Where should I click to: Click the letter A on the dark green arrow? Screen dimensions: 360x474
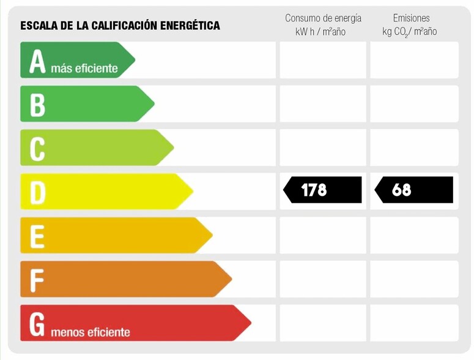38,61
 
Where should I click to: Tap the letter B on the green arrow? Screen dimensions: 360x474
38,105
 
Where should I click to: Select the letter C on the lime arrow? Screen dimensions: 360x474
38,149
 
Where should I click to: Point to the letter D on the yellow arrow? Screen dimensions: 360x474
38,192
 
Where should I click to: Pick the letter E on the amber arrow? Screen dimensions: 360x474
38,236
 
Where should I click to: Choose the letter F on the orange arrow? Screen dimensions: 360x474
37,280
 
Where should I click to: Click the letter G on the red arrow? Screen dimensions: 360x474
37,324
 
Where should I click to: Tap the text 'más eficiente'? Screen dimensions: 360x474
84,69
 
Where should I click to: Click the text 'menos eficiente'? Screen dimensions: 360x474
91,332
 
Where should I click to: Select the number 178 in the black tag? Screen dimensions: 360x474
314,190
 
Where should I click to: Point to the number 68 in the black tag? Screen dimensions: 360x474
402,190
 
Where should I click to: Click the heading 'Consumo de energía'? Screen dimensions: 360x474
323,18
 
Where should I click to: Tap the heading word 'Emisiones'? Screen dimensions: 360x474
411,18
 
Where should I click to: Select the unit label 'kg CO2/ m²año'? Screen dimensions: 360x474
410,32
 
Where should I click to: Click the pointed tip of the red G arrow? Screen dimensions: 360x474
250,323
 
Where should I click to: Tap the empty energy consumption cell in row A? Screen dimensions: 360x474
323,60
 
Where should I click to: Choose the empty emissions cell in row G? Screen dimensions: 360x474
414,323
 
